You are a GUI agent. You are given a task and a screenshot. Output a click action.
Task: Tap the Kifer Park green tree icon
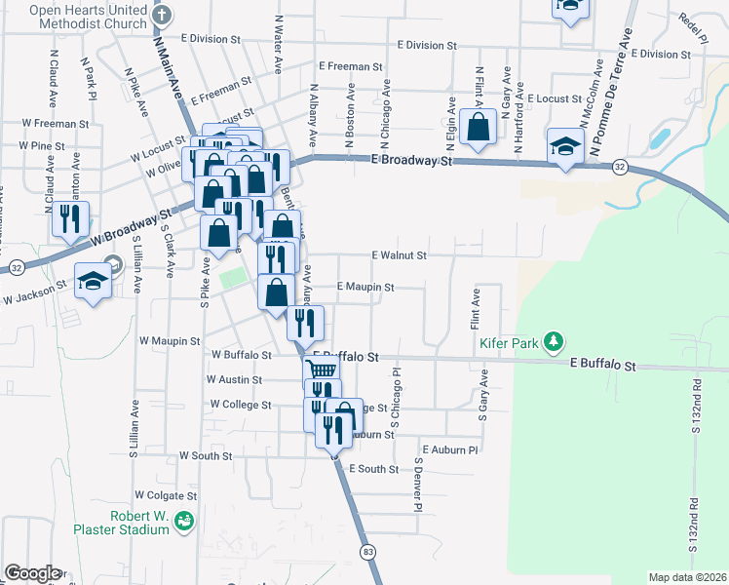[555, 341]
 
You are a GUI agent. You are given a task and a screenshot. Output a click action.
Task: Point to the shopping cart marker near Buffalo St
[321, 369]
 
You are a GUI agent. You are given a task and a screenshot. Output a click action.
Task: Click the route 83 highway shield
[367, 553]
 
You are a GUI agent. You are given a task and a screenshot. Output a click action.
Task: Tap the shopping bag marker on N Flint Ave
[479, 127]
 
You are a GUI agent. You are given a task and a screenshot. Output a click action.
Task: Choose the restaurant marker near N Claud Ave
[69, 217]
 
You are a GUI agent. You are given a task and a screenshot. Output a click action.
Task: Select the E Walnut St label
[400, 255]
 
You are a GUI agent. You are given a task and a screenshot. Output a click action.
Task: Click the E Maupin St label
[364, 288]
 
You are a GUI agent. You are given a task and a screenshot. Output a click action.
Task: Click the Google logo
[31, 572]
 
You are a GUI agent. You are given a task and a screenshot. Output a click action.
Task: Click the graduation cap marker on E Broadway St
[565, 145]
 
